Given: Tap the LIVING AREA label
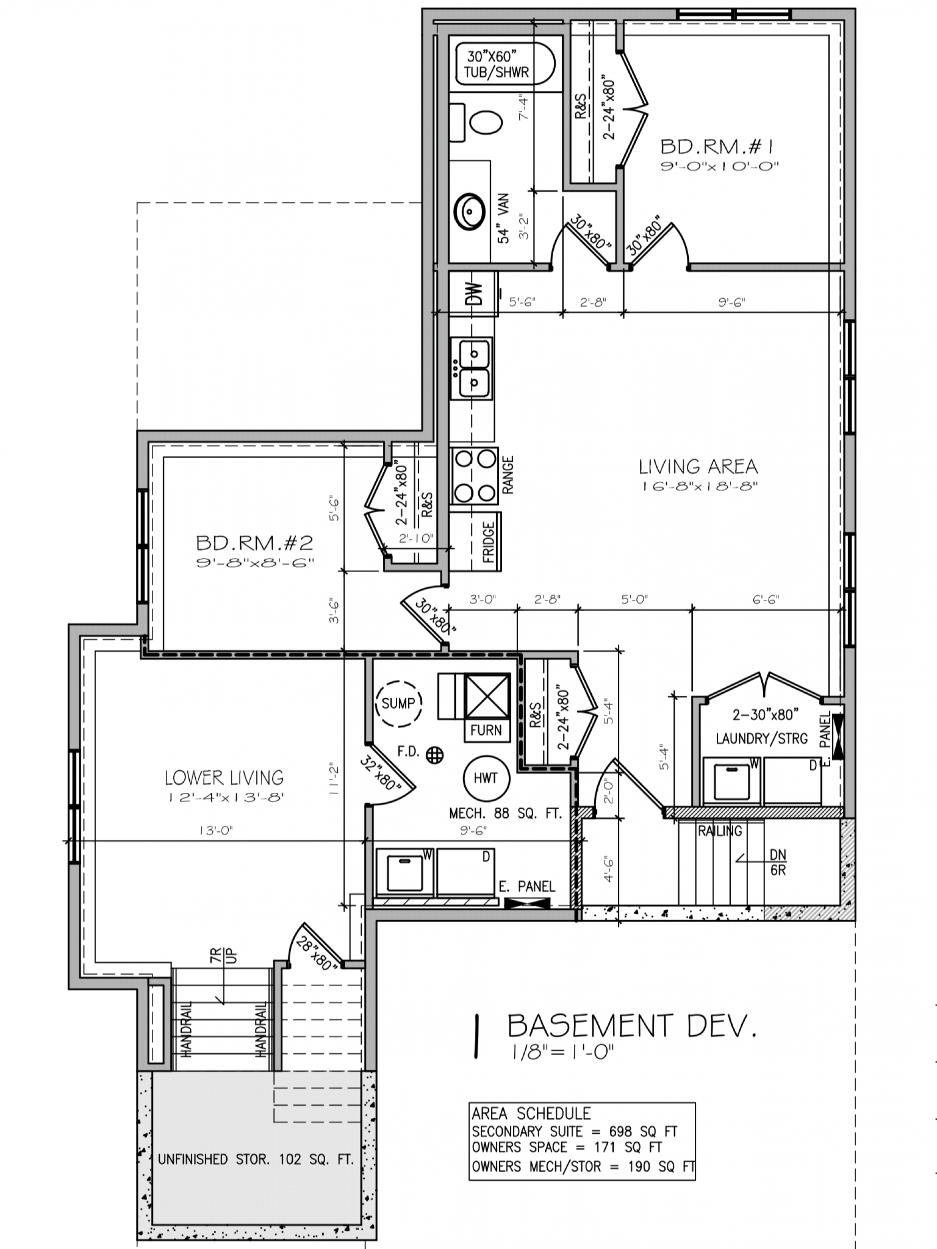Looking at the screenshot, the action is pyautogui.click(x=698, y=466).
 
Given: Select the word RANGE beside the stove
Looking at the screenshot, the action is pyautogui.click(x=508, y=475).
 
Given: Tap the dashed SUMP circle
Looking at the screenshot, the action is pyautogui.click(x=399, y=703).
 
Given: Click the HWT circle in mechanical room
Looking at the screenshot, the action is pyautogui.click(x=486, y=779).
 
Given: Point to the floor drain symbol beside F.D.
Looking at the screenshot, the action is pyautogui.click(x=435, y=754).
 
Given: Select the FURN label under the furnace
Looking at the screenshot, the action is pyautogui.click(x=486, y=731).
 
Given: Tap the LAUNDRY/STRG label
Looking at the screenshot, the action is pyautogui.click(x=761, y=739).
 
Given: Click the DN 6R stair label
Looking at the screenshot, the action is pyautogui.click(x=778, y=863).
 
